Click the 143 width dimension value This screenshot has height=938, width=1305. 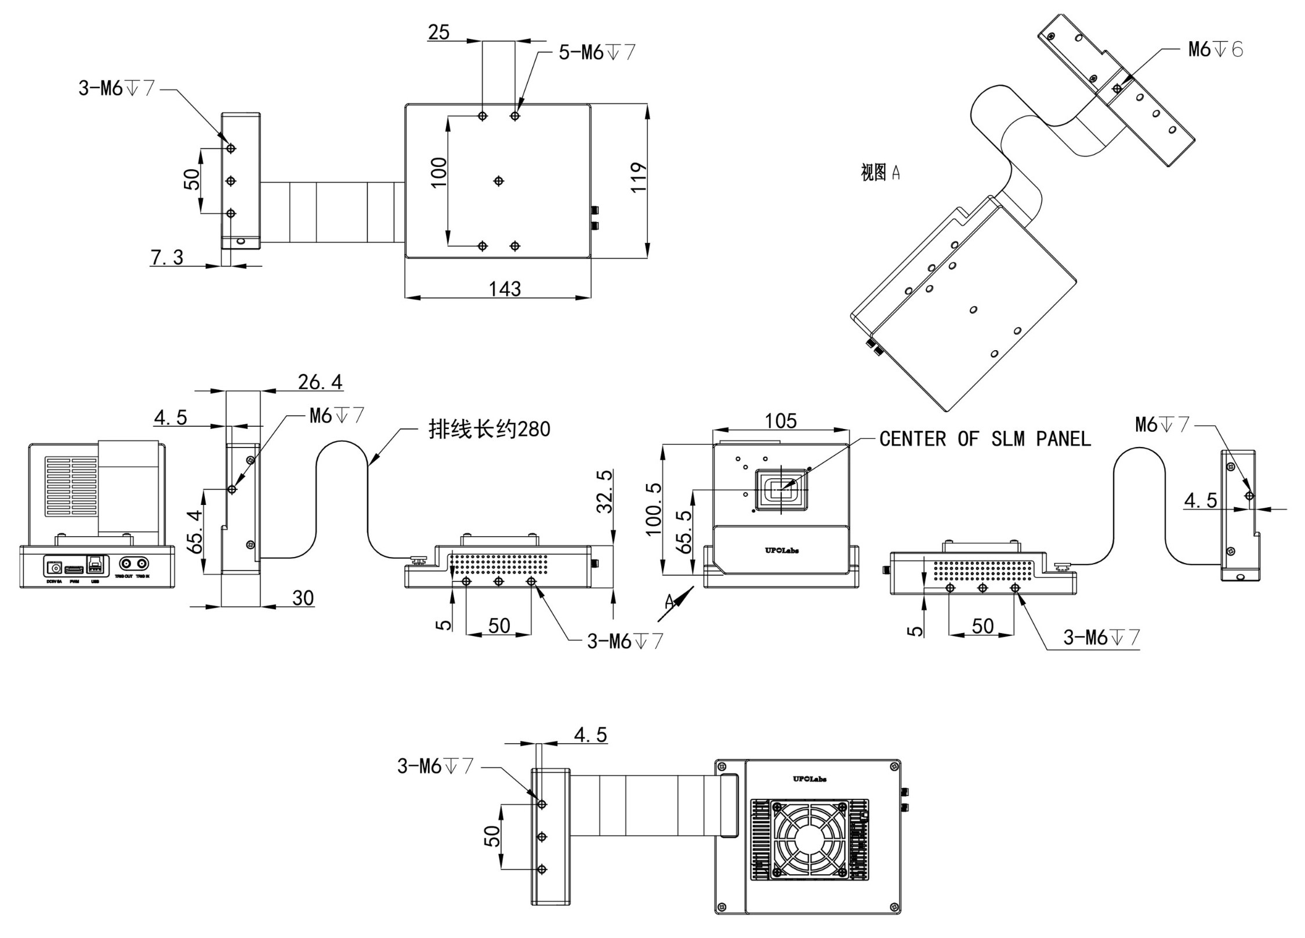coord(505,289)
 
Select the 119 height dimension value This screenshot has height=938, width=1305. coord(638,177)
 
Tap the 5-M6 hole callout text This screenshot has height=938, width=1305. coord(597,53)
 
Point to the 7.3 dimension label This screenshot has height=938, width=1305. coord(167,257)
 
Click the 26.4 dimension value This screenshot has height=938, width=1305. coord(320,382)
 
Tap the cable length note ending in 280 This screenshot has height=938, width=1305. coord(489,430)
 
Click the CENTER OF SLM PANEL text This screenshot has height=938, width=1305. coord(985,439)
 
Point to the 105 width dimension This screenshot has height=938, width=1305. coord(781,421)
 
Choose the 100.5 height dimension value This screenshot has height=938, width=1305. coord(654,509)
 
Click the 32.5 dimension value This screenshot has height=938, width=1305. coord(605,492)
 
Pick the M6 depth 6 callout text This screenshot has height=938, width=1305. coord(1216,50)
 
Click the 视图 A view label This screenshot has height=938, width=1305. coord(880,172)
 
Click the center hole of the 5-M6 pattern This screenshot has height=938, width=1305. coord(498,181)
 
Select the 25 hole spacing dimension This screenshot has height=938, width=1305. coord(438,32)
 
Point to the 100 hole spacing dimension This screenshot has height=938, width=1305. coord(439,172)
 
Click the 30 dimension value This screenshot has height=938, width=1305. coord(303,598)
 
